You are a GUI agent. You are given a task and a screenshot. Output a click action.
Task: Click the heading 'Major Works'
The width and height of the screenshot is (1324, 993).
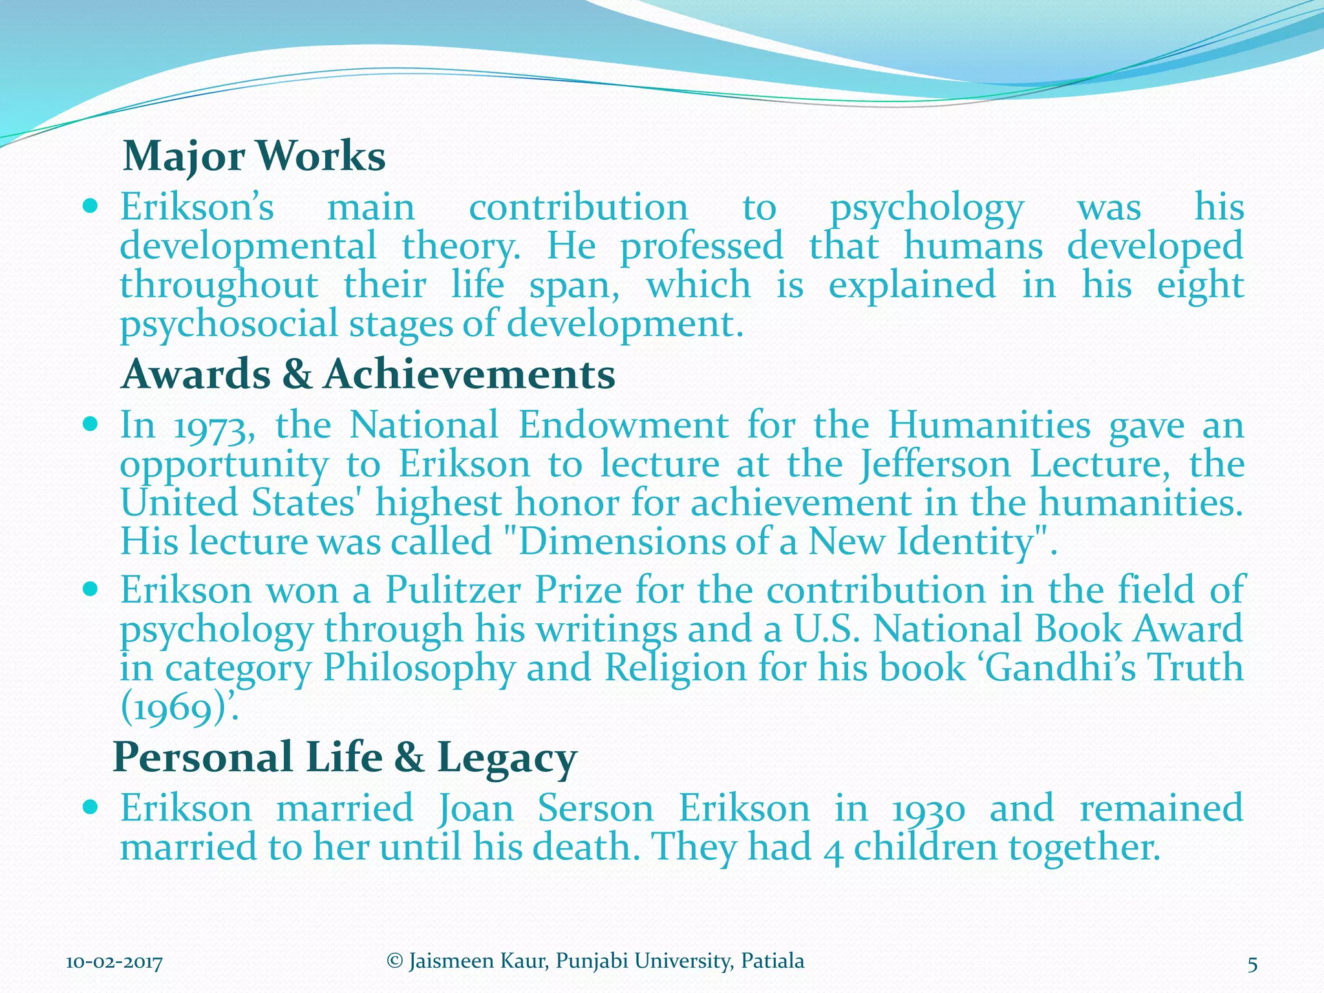coord(254,156)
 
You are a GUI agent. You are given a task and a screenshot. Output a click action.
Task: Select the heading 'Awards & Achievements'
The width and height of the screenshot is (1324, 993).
coord(368,374)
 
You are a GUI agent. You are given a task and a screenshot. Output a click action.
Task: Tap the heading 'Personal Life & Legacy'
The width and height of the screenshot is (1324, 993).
coord(345,757)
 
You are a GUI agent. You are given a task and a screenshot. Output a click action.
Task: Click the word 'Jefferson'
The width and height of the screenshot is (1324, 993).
coord(935,465)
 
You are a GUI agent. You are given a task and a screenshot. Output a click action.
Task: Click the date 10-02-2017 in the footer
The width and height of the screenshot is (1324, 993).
coord(114,963)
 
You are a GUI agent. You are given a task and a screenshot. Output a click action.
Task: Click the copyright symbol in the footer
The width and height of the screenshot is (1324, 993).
coord(394,961)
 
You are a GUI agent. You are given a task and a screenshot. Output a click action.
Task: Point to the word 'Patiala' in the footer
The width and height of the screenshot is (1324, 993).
coord(773,961)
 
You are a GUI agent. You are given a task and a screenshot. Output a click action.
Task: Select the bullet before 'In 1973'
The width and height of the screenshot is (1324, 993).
coord(91,425)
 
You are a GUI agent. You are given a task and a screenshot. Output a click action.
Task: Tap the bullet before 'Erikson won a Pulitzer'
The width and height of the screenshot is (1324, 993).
coord(91,590)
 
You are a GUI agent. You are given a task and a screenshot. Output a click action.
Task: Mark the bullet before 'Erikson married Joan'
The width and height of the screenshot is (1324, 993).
coord(91,807)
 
